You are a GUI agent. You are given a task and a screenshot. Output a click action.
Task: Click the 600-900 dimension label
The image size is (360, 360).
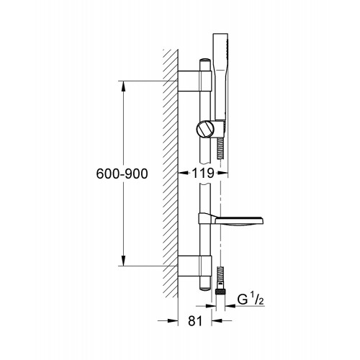tap(122, 174)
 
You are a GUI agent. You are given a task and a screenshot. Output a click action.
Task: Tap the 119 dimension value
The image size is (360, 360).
tap(203, 173)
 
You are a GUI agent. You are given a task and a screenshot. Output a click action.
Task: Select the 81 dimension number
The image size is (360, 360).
tap(195, 320)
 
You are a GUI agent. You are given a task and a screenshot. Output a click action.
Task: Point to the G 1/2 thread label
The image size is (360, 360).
tap(251, 300)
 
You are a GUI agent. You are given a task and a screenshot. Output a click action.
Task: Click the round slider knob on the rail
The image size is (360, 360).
tap(205, 130)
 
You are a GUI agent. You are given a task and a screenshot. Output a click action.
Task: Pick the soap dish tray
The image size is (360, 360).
tap(239, 221)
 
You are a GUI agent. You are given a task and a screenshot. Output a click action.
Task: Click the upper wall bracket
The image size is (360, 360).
tap(195, 81)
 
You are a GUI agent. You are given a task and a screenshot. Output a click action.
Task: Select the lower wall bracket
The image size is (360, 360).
tap(195, 266)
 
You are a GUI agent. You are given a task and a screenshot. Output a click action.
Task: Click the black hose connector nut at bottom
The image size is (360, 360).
tap(220, 292)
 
